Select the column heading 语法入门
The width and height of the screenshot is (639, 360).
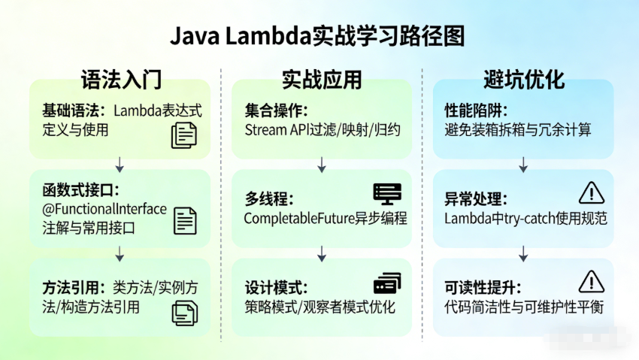121,80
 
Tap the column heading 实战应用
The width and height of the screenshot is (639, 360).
322,80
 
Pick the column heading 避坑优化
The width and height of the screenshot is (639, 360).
523,80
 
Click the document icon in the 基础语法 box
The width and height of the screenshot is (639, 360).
183,135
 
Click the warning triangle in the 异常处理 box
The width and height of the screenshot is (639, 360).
592,194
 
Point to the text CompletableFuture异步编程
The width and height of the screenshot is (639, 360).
326,219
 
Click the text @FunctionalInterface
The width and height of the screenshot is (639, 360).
104,209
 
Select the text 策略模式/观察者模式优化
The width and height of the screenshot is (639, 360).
319,307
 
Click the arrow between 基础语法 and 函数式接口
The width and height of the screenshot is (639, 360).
120,164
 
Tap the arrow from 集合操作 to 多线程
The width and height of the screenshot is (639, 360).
322,164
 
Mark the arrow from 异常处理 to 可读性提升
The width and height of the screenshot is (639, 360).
523,253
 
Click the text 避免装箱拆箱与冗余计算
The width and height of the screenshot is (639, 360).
518,129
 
